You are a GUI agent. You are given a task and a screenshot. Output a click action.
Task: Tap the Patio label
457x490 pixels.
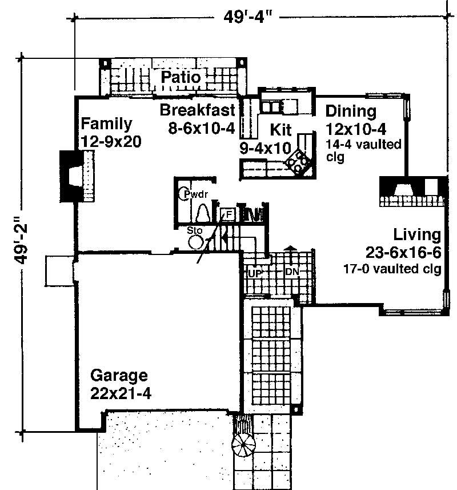coord(180,77)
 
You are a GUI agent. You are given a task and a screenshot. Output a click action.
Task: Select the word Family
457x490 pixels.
coord(106,124)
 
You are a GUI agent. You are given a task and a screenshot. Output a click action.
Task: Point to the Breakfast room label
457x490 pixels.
coord(197,110)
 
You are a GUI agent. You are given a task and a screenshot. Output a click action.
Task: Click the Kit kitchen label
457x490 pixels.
coord(281,128)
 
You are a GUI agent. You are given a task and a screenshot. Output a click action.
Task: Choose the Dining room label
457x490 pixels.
coord(351,111)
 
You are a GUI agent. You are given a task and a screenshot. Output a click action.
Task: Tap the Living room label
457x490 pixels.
coord(416,234)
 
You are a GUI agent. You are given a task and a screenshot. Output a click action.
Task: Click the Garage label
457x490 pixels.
coord(119,376)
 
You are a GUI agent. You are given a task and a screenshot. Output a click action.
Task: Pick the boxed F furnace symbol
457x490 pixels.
coord(228,214)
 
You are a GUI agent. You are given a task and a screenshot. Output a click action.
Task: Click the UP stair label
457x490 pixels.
coord(254,273)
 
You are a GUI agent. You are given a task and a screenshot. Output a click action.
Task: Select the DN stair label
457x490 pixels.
coord(292,272)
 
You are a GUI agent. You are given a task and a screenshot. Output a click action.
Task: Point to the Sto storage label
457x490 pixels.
coord(195,230)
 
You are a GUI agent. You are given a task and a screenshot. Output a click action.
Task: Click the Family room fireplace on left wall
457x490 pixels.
coord(77,176)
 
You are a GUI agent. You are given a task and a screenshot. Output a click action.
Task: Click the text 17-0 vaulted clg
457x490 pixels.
coord(392,268)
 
